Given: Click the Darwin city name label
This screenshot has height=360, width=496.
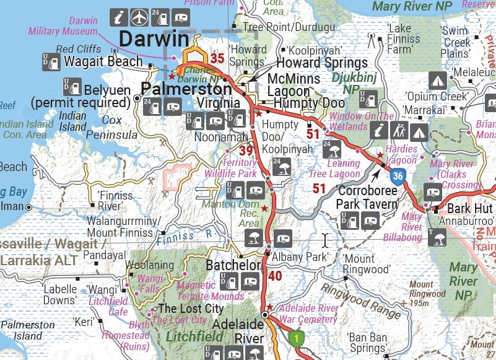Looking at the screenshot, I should tap(153, 38).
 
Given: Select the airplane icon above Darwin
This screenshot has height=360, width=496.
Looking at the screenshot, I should tap(140, 15).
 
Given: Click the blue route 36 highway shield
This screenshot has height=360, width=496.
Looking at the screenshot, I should tap(398, 177).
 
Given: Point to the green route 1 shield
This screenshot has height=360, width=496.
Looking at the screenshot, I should tap(297, 339).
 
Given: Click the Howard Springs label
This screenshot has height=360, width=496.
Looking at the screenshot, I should tap(321, 63).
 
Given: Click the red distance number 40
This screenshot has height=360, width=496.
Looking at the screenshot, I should tap(275, 276).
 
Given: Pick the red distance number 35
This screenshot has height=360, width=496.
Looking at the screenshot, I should tap(217, 59).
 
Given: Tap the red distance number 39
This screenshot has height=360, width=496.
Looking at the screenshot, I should tap(246, 151).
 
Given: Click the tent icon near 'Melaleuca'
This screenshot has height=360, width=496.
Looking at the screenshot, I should tap(438, 80).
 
